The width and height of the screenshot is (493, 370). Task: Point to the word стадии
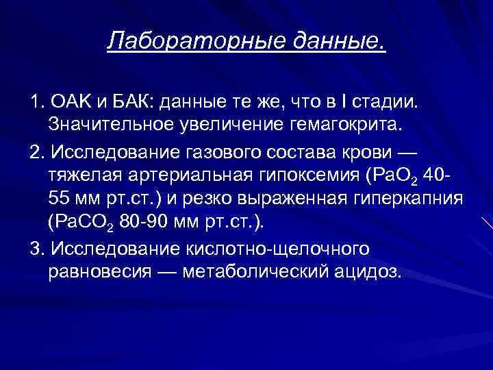click(x=390, y=102)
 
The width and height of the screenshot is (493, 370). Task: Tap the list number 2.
click(x=36, y=151)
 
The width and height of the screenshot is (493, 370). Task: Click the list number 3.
click(x=36, y=247)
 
